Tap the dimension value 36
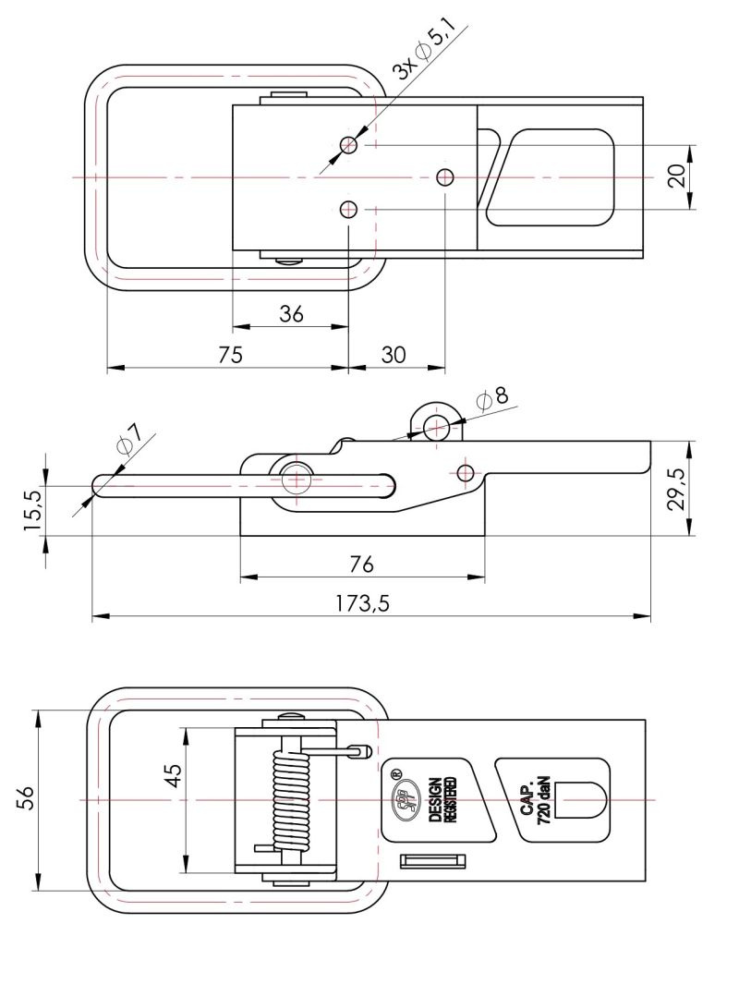click(x=291, y=313)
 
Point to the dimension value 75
click(x=231, y=355)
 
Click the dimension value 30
click(x=394, y=355)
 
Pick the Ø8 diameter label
click(x=492, y=397)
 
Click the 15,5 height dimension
click(x=32, y=509)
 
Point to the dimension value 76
click(x=362, y=565)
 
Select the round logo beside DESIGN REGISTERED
click(x=403, y=800)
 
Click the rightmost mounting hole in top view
click(x=445, y=176)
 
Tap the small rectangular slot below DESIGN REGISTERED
click(x=430, y=861)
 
